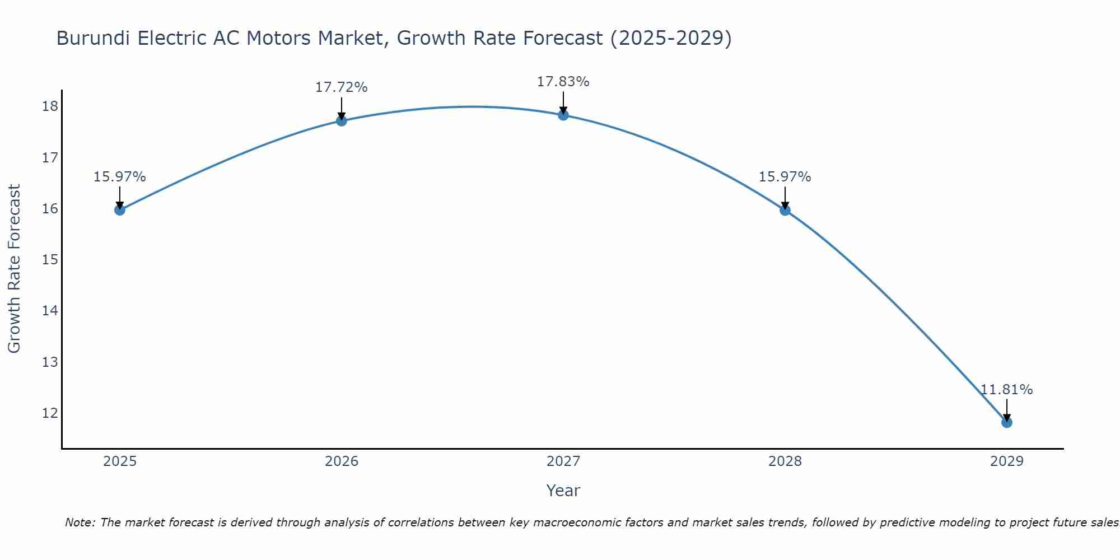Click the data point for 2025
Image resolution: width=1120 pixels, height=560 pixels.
pos(119,210)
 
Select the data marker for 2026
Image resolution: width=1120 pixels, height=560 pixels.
pos(341,120)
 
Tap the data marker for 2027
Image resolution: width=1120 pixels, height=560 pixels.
pos(563,115)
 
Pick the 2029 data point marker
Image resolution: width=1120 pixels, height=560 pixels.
pos(1007,422)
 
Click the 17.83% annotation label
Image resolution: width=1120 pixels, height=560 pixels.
pos(563,82)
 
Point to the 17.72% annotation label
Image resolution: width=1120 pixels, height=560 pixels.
pos(341,87)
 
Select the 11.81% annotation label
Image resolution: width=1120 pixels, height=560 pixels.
pos(1007,390)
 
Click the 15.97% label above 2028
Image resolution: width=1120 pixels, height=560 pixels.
pos(785,177)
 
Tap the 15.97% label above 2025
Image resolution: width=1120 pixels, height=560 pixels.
pos(119,177)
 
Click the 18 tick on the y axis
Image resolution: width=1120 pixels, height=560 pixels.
pos(50,106)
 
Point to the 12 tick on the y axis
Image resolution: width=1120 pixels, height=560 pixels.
pos(50,413)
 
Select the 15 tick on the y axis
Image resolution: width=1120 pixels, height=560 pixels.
pos(50,260)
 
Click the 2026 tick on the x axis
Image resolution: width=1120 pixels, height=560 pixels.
pos(341,461)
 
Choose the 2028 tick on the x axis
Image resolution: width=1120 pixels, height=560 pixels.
pos(785,461)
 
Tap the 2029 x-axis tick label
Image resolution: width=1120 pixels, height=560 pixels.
pos(1007,461)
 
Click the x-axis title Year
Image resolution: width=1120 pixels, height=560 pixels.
pos(563,491)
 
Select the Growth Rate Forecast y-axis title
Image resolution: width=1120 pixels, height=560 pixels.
pos(14,269)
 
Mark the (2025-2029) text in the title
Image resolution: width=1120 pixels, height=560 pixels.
pos(671,39)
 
